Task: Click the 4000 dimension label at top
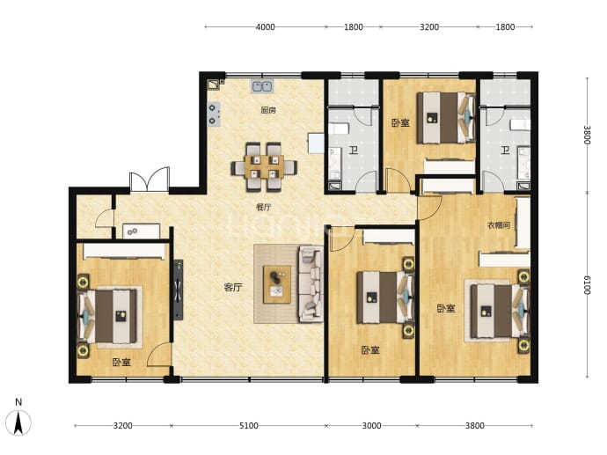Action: pos(265,27)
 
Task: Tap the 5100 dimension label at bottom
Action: pos(249,426)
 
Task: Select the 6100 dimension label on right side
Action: pos(588,285)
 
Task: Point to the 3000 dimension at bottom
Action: pos(371,426)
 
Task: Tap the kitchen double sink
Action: pos(262,86)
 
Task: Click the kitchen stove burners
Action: pos(214,114)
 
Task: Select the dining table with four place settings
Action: pos(265,167)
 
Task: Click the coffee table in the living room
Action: pos(277,284)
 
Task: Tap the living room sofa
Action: pos(311,284)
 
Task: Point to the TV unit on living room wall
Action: pos(178,290)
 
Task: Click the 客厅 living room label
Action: pos(233,287)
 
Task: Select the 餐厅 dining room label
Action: pos(264,207)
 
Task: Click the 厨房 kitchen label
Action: pos(268,110)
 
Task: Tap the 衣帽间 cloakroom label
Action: pos(499,225)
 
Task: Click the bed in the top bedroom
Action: pos(446,117)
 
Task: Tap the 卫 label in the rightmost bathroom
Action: pos(505,150)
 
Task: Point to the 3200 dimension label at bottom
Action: pos(122,426)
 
